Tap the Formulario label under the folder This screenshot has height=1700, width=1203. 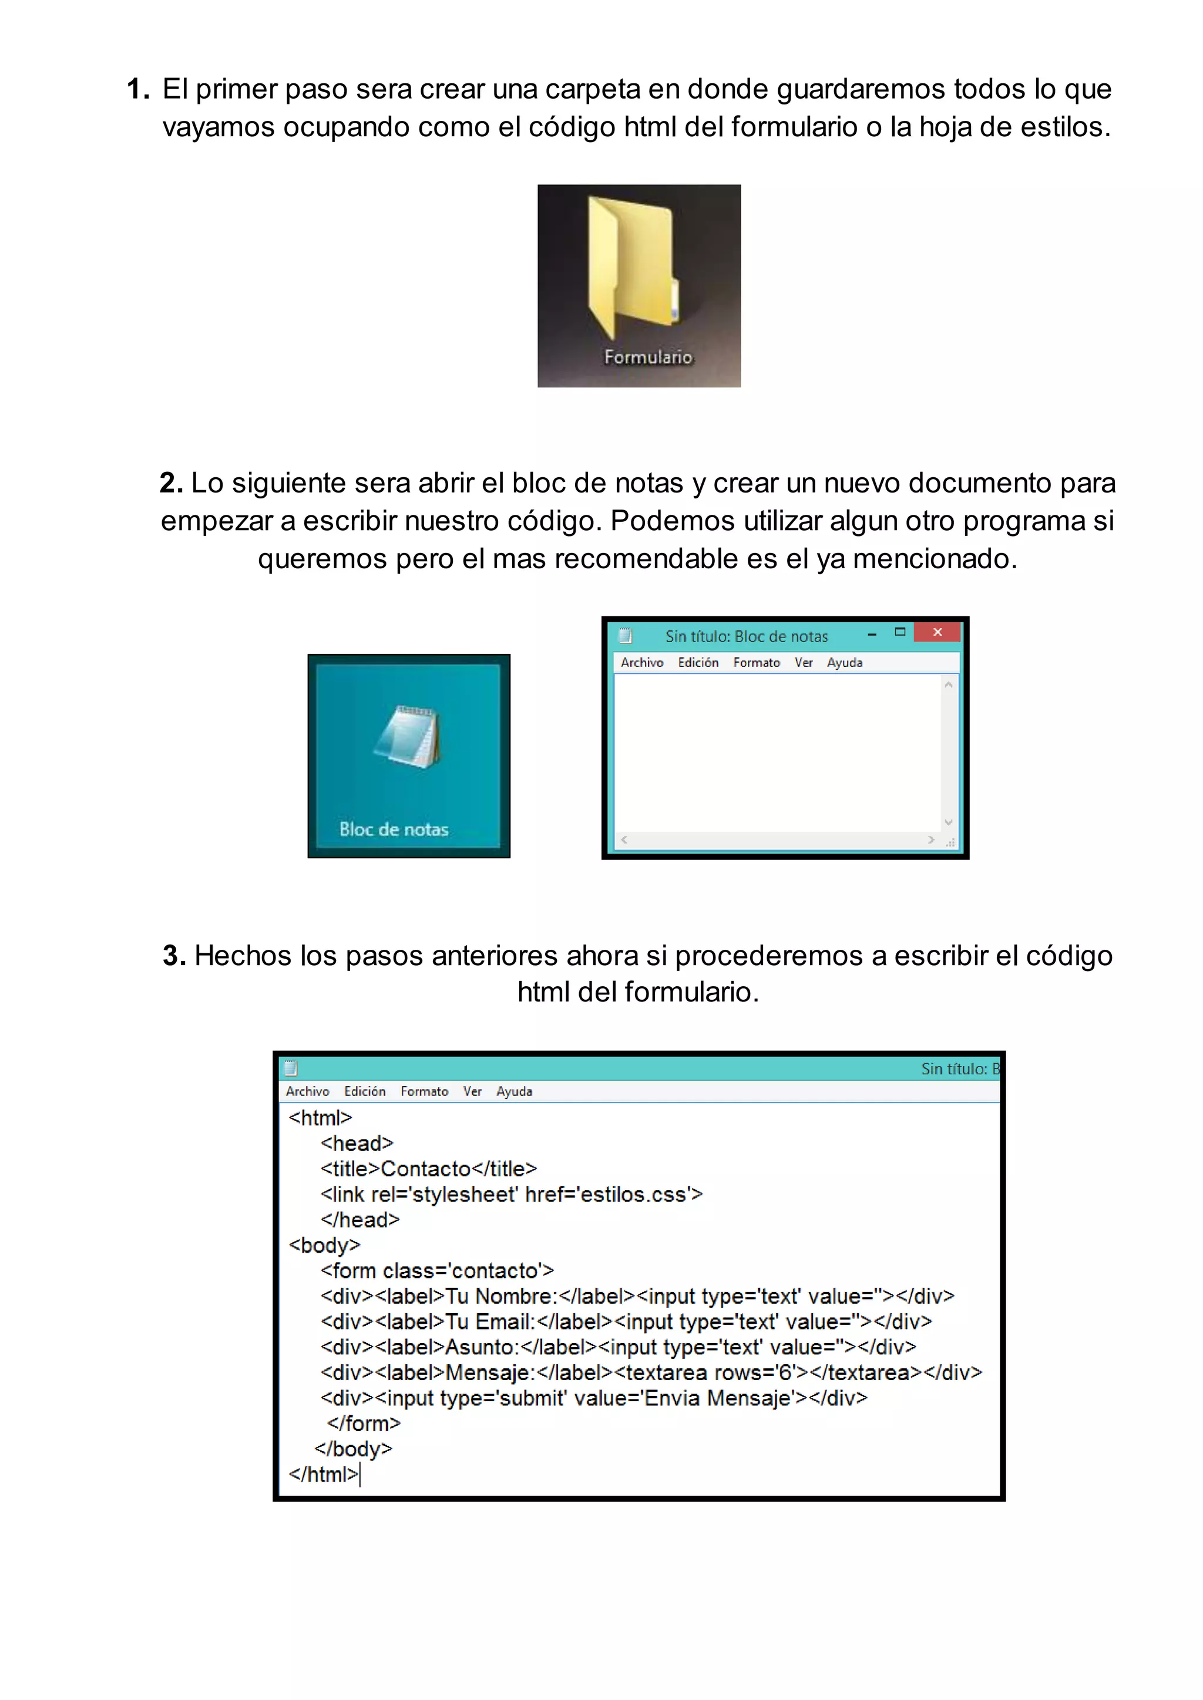[648, 357]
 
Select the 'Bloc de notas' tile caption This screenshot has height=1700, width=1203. [394, 829]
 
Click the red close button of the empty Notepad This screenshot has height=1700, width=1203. [937, 632]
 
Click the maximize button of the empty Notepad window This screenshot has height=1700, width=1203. [900, 632]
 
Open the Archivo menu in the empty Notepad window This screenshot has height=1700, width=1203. [641, 663]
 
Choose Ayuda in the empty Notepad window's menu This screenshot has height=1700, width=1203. [845, 663]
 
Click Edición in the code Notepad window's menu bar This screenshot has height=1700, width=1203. [364, 1091]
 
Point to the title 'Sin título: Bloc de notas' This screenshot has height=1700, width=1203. [746, 636]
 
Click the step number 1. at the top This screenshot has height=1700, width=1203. [138, 89]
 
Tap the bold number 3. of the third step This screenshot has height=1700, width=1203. [174, 955]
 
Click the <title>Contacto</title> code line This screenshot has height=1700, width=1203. [428, 1168]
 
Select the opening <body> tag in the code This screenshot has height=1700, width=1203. [324, 1246]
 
